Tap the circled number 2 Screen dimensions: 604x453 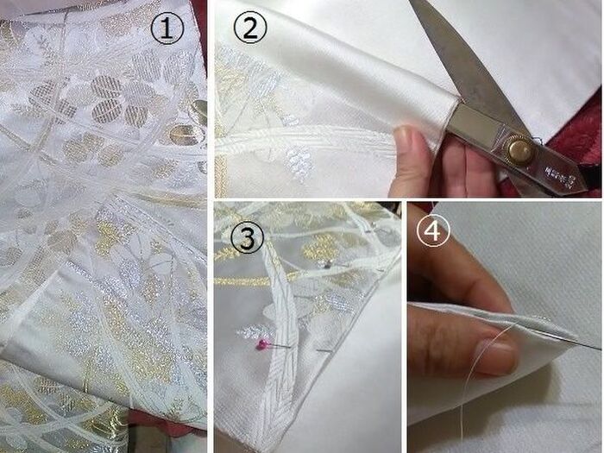click(x=250, y=28)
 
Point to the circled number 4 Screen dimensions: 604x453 click(x=433, y=230)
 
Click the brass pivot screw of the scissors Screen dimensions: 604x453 click(x=519, y=149)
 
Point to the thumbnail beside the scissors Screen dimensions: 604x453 click(x=405, y=135)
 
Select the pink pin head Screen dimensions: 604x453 click(x=262, y=345)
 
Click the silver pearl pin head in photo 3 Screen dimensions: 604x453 click(x=328, y=264)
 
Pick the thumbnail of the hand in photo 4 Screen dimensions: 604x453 click(x=496, y=356)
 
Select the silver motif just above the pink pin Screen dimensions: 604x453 click(x=255, y=331)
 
